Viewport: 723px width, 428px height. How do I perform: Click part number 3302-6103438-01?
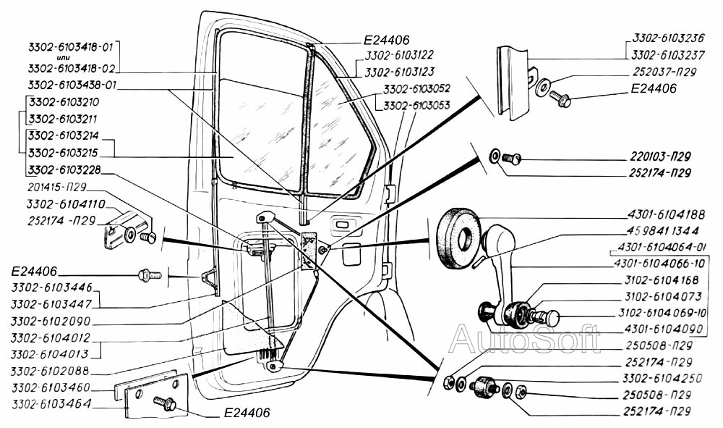pos(72,85)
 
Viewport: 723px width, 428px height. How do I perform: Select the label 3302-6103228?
pos(64,170)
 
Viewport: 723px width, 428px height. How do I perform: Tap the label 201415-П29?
pos(57,187)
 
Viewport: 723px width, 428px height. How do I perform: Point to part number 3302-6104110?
pos(66,204)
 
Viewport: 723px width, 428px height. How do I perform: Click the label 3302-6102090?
pos(51,321)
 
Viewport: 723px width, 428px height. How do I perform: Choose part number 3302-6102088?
pos(50,372)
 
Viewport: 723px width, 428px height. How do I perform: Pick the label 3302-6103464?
pos(51,404)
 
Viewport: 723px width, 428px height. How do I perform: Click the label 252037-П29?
pos(664,72)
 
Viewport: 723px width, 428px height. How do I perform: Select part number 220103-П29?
pos(660,156)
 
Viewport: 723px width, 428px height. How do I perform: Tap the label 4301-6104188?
pos(666,214)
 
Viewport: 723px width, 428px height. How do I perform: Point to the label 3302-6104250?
pos(662,379)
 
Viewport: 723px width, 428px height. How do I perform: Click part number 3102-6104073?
pos(663,296)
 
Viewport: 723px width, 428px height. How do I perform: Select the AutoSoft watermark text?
pos(525,339)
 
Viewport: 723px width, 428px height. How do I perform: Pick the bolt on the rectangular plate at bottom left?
pos(165,403)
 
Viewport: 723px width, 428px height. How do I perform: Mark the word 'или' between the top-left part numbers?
pos(64,57)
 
